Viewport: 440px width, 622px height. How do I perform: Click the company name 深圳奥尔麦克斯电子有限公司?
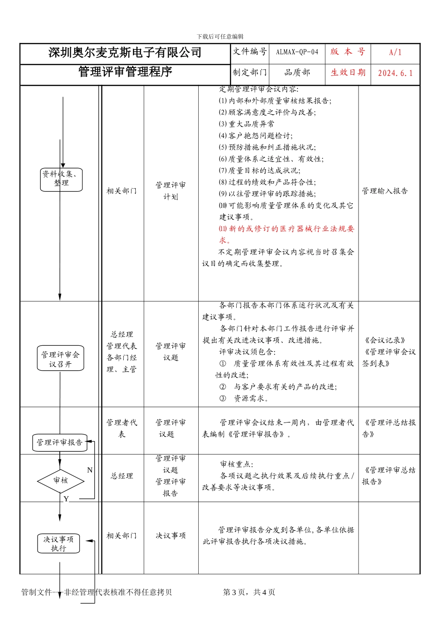125,53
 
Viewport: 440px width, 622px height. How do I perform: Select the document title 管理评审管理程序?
125,72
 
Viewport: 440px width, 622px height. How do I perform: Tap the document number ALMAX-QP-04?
297,52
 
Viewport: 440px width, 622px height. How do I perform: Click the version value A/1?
395,52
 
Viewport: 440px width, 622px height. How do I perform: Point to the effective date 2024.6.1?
395,73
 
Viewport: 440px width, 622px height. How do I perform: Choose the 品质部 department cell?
297,73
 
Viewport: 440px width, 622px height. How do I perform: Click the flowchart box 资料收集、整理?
61,179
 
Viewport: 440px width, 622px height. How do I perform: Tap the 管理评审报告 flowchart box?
60,442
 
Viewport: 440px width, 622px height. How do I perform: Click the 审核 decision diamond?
60,480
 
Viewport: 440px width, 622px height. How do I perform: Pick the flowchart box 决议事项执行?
58,544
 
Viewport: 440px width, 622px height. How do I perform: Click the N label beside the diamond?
90,470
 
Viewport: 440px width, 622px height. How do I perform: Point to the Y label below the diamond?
66,499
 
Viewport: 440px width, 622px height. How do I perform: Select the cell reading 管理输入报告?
385,191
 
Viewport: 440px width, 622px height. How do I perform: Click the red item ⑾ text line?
286,229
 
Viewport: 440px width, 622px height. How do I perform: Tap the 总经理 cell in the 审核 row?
122,476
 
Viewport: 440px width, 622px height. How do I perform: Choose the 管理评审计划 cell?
170,191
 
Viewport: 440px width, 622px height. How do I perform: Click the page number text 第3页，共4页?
249,592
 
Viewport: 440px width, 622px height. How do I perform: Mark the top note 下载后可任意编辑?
220,37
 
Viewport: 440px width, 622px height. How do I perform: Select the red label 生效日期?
348,73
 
